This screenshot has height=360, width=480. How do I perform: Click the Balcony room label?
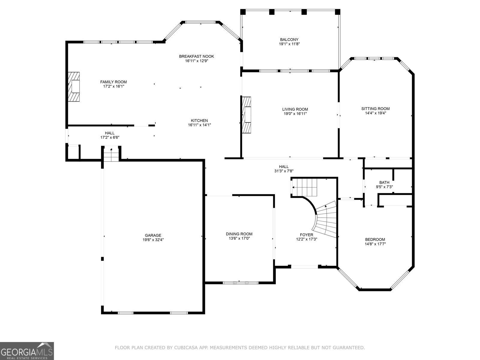tap(289, 40)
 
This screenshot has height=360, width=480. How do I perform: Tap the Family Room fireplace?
tap(74, 87)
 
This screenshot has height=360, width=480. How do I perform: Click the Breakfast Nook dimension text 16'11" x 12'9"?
tap(196, 61)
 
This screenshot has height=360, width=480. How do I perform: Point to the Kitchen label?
tap(199, 121)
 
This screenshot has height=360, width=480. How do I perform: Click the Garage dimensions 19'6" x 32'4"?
tap(153, 240)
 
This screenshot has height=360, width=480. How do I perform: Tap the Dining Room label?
tap(239, 234)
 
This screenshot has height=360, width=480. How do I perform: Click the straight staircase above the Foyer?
tap(305, 187)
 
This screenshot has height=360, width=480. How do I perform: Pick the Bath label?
tap(384, 182)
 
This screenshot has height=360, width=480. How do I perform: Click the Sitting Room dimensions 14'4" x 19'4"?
tap(375, 113)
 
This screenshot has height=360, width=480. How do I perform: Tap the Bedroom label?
tap(375, 239)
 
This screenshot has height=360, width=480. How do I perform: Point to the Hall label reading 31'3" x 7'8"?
tap(283, 171)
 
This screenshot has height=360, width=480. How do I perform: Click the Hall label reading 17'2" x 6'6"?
tap(109, 137)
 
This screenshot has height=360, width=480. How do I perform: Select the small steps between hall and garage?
tap(111, 154)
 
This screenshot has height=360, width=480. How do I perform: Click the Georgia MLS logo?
tap(27, 351)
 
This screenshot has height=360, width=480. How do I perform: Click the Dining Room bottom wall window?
tap(240, 283)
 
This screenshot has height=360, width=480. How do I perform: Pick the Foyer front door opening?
tap(304, 266)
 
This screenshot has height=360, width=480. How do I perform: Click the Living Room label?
tap(295, 109)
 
